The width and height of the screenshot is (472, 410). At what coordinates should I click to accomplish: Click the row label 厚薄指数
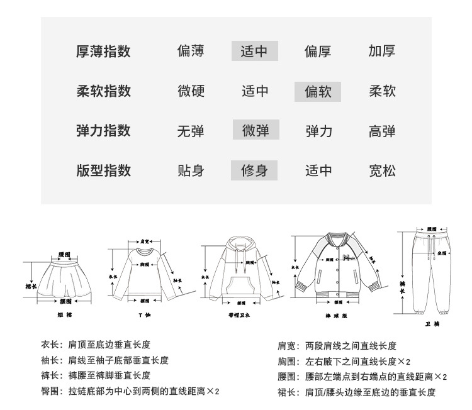pos(103,51)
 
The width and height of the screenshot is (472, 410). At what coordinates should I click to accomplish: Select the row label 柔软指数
pos(103,91)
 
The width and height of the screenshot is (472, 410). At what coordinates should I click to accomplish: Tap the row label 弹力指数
pos(103,131)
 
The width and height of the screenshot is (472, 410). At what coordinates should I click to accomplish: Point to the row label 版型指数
pos(103,170)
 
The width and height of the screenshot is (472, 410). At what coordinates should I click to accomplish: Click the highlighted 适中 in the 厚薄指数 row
pos(255,51)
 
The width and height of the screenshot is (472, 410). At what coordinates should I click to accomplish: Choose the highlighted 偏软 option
pos(318,91)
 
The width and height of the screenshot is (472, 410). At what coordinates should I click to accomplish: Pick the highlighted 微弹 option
pos(256,131)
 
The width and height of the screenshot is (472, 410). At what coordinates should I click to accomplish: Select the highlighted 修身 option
pos(254,170)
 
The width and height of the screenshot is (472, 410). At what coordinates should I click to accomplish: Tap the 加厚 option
pos(382,51)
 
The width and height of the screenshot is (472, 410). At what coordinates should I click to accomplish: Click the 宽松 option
pos(382,170)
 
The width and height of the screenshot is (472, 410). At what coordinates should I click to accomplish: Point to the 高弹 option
pos(382,131)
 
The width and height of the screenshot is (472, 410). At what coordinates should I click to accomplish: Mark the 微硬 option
pos(191,91)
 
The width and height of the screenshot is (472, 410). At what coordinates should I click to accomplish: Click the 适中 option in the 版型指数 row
pos(318,170)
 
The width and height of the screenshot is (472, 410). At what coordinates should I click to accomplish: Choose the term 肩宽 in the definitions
pos(286,346)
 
